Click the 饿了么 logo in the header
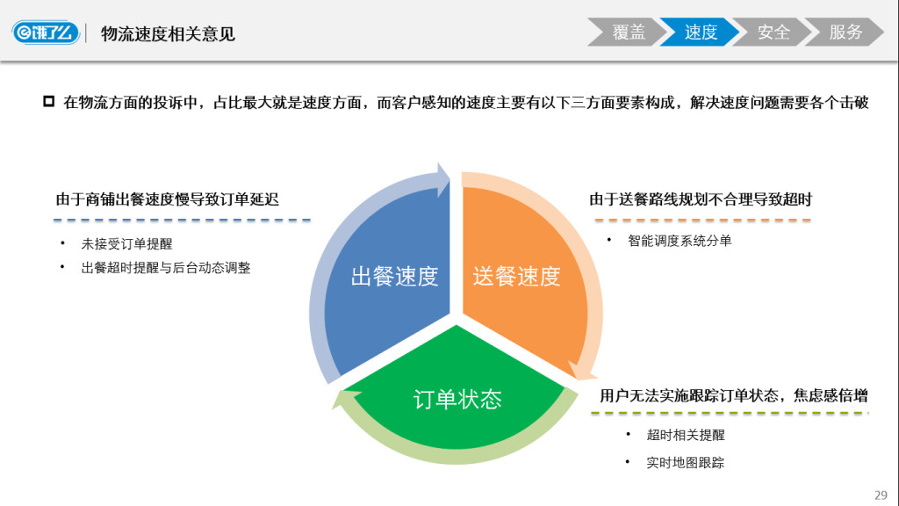tap(47, 33)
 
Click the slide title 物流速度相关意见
tap(168, 34)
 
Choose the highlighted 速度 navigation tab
tap(700, 33)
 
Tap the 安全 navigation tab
tap(773, 33)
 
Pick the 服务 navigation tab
tap(845, 33)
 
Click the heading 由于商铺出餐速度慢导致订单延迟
tap(168, 199)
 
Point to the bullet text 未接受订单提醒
tap(126, 244)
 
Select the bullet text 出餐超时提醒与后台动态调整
tap(166, 268)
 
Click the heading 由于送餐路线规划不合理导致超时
tap(701, 199)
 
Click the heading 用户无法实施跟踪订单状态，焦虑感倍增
tap(734, 395)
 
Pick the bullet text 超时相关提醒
tap(686, 435)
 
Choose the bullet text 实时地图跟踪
tap(686, 463)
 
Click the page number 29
tap(881, 493)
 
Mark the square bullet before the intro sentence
tap(49, 102)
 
